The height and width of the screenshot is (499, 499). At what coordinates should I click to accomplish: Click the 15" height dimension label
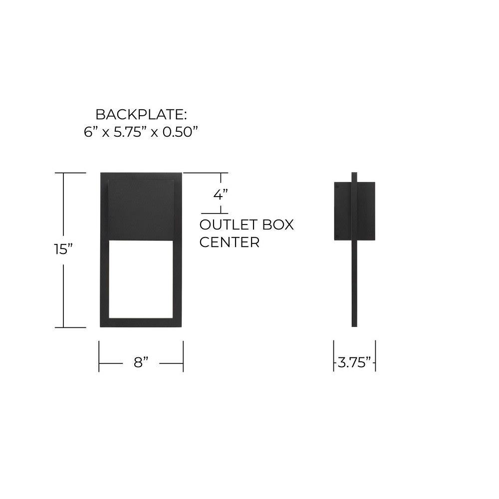tap(63, 249)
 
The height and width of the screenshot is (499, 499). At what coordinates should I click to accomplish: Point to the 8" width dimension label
tap(141, 362)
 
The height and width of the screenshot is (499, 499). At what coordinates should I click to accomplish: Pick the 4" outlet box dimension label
tap(221, 194)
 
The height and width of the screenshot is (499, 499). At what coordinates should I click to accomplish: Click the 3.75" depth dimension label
tap(354, 362)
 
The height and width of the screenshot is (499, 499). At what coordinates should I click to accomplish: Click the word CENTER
tap(230, 243)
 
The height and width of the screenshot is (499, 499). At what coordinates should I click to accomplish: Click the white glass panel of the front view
tap(141, 279)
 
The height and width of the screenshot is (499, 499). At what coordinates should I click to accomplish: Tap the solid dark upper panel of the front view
tap(141, 211)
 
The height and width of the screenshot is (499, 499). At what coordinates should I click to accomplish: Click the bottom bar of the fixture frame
tap(141, 322)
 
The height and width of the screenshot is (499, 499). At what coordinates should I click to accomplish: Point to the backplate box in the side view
tap(354, 211)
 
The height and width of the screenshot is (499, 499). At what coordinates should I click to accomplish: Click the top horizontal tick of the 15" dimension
tap(70, 173)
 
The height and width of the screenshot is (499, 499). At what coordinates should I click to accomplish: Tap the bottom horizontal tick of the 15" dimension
tap(70, 327)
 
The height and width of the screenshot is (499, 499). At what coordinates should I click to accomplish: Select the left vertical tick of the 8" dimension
tap(99, 356)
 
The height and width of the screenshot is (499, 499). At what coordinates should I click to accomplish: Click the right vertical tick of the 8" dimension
tap(183, 356)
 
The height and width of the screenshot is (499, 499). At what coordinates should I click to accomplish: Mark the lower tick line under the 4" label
tap(215, 213)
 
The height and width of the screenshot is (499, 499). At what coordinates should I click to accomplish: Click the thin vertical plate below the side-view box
tap(354, 283)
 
